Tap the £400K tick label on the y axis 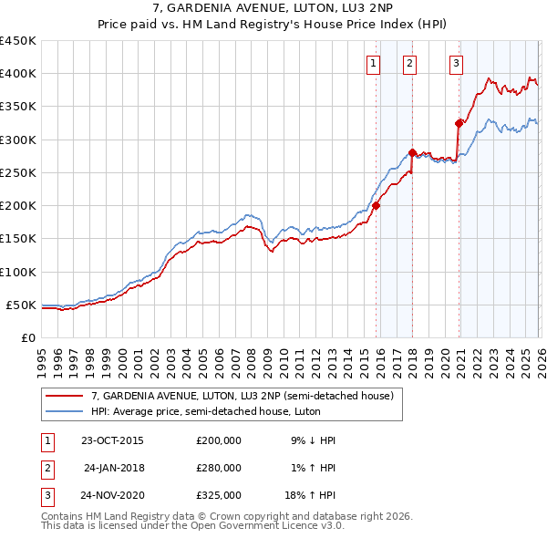click(18, 74)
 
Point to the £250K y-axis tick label click(18, 172)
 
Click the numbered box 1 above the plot click(375, 63)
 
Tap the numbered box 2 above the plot click(410, 63)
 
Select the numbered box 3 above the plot click(456, 63)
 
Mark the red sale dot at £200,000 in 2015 click(376, 205)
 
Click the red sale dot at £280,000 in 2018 click(412, 153)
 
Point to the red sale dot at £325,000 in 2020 click(459, 123)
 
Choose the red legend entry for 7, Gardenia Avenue click(242, 396)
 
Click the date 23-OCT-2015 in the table click(112, 440)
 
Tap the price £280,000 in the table click(218, 468)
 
